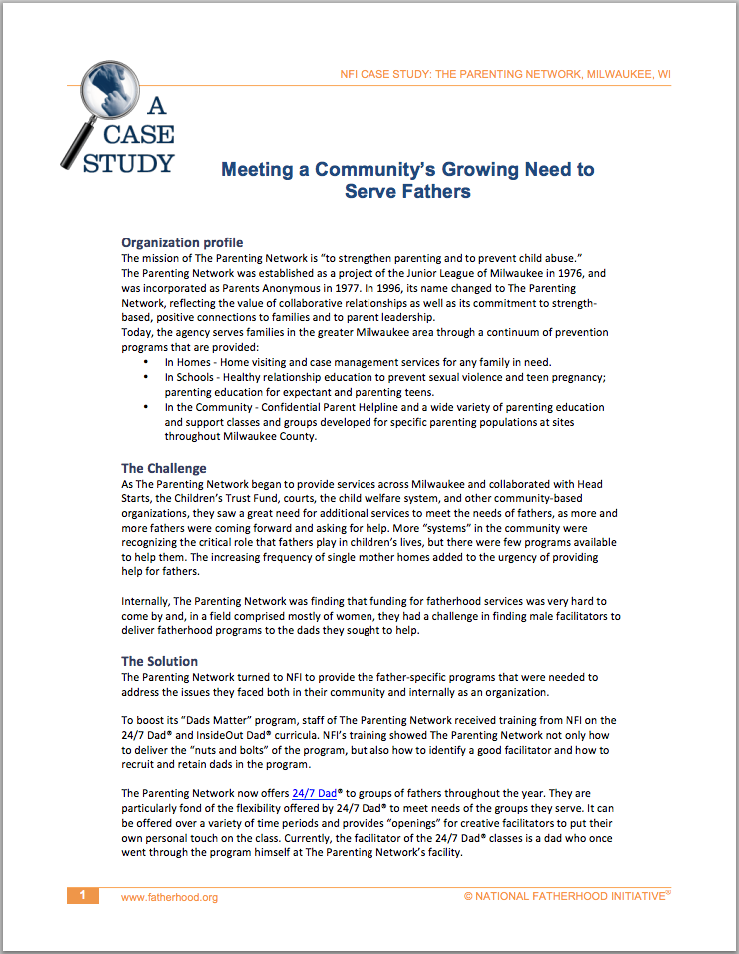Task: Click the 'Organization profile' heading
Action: (182, 242)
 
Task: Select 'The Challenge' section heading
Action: (164, 468)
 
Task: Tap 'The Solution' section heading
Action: (160, 661)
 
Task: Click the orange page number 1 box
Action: (83, 895)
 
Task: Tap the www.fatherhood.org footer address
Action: (169, 897)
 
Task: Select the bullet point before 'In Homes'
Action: (147, 362)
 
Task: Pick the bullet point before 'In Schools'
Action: (147, 377)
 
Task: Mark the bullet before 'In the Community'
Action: (147, 407)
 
